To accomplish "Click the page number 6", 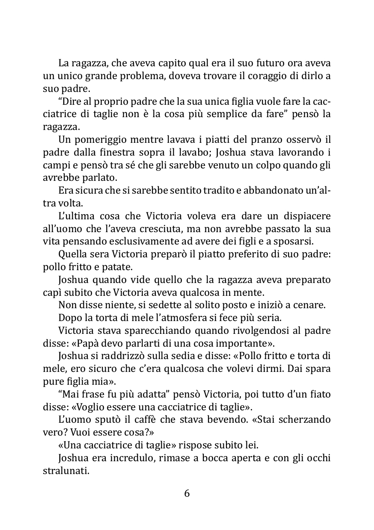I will (x=187, y=493).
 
